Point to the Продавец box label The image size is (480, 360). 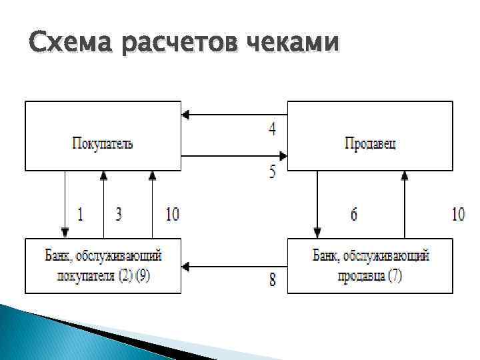(370, 143)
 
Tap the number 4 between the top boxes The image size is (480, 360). (273, 129)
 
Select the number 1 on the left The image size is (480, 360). (80, 215)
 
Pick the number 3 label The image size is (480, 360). (119, 215)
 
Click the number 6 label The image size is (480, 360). (354, 215)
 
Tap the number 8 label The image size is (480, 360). (273, 279)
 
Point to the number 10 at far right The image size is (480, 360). (458, 215)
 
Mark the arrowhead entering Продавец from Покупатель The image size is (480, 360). (283, 156)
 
